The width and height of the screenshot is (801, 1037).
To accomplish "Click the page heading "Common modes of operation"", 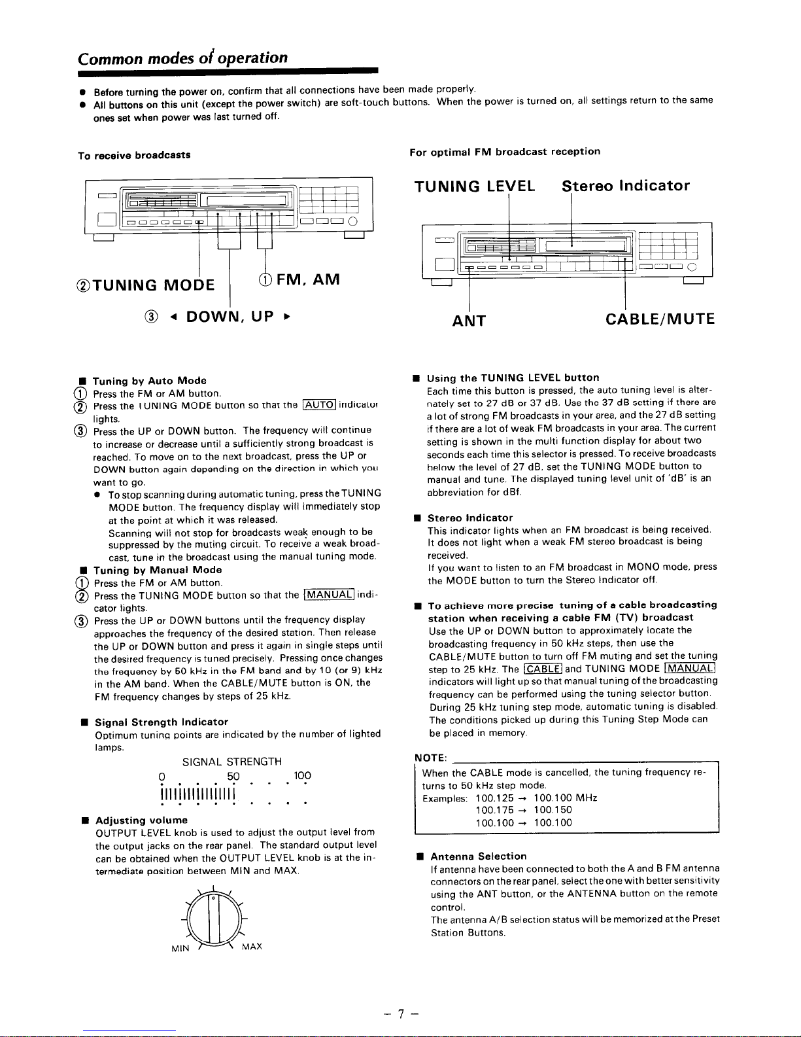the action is pos(182,58).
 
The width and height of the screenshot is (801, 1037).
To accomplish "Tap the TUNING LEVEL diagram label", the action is pos(475,186).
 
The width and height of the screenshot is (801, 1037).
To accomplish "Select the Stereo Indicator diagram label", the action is pos(626,186).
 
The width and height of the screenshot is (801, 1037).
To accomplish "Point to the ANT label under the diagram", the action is pos(469,321).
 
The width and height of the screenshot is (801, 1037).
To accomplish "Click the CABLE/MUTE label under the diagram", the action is pos(660,319).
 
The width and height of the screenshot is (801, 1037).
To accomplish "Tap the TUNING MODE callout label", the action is pos(145,285).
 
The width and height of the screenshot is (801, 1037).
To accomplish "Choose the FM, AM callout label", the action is pos(299,279).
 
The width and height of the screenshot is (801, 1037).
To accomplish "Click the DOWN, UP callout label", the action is pos(218,317).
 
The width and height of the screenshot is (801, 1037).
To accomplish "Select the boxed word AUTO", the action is pos(320,405).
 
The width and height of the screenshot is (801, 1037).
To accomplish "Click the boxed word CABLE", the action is pos(543,669).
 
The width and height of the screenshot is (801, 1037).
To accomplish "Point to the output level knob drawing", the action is pos(214,917).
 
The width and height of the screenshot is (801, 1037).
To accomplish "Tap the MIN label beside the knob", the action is pos(180,949).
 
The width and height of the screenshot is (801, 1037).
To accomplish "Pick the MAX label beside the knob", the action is pos(252,946).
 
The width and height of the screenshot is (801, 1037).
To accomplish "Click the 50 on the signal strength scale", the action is pos(233,777).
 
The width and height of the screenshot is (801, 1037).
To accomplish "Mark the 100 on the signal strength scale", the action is pos(302,775).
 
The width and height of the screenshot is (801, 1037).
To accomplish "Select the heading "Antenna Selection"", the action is pos(478,856).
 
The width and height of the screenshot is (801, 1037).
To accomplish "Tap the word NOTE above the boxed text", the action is pos(430,758).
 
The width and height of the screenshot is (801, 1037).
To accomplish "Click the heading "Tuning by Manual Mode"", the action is pos(158,570).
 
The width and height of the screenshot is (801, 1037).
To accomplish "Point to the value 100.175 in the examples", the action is pos(494,810).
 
